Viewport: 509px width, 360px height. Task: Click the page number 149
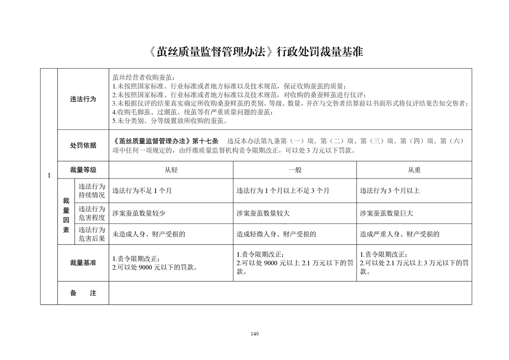[x=254, y=334]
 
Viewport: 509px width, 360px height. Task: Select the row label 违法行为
[x=83, y=99]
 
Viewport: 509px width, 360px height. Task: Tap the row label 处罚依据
[x=83, y=146]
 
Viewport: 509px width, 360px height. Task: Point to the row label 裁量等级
[x=83, y=170]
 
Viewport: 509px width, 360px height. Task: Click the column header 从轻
[x=171, y=170]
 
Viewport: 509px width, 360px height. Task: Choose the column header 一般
[x=295, y=170]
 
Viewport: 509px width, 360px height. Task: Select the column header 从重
[x=414, y=170]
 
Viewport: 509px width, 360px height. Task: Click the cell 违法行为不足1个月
[x=142, y=191]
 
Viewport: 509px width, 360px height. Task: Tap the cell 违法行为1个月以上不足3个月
[x=283, y=191]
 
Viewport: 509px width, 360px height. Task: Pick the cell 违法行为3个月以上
[x=390, y=191]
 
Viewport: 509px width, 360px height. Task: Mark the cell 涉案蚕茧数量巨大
[x=387, y=213]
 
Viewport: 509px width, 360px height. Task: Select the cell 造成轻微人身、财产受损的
[x=276, y=234]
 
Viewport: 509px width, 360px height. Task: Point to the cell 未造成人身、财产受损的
[x=149, y=234]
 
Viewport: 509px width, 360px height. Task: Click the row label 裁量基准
[x=83, y=263]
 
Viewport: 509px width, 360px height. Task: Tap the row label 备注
[x=83, y=293]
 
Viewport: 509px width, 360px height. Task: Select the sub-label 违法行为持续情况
[x=92, y=191]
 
